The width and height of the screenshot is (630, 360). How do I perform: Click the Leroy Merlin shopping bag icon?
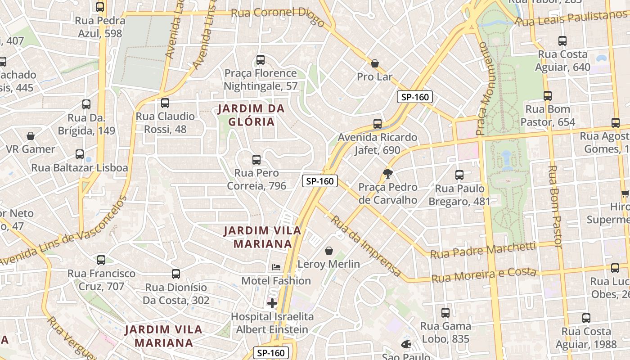tap(329, 251)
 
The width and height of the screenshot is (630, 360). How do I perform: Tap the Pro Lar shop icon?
tap(375, 63)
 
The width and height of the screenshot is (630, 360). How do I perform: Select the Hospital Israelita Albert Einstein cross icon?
tap(272, 303)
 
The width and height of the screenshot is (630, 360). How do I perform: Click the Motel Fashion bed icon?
tap(276, 267)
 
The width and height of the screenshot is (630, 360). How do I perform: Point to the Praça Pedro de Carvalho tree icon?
tap(387, 174)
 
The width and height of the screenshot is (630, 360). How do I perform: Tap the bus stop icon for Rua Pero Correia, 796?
tap(256, 159)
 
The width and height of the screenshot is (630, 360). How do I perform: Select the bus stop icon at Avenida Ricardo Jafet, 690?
tap(378, 123)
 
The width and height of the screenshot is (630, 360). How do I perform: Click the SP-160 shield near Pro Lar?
tap(414, 97)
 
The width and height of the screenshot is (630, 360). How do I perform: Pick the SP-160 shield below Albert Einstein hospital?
tap(271, 353)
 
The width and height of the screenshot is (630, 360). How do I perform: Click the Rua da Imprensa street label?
tap(366, 246)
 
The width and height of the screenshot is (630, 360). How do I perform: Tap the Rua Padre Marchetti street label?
tap(483, 250)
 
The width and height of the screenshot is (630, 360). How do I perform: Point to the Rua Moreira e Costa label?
tap(484, 275)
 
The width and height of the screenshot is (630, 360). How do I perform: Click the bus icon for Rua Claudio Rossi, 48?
tap(165, 103)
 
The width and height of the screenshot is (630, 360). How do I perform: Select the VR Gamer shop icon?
tap(31, 136)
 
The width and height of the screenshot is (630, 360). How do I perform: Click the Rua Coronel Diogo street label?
tap(277, 15)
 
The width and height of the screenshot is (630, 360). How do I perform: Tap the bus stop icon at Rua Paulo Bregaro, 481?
tap(459, 175)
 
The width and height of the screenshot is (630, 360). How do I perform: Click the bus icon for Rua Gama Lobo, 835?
tap(445, 312)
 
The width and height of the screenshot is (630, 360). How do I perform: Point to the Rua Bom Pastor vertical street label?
tap(555, 207)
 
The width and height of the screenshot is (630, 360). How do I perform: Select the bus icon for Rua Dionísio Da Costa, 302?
tap(176, 274)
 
